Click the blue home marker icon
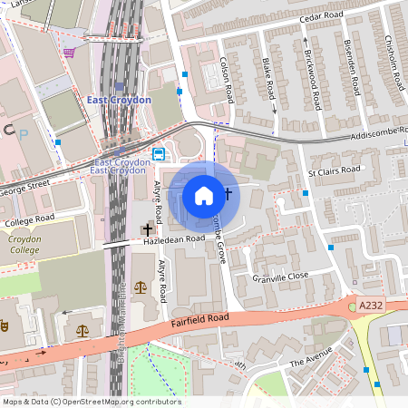click(x=204, y=195)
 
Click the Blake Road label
click(x=268, y=79)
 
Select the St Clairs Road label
click(x=335, y=172)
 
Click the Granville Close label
click(x=282, y=278)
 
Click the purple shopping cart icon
click(x=69, y=53)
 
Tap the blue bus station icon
click(x=159, y=153)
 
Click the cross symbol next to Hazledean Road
click(x=147, y=230)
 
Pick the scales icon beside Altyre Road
click(x=140, y=286)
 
